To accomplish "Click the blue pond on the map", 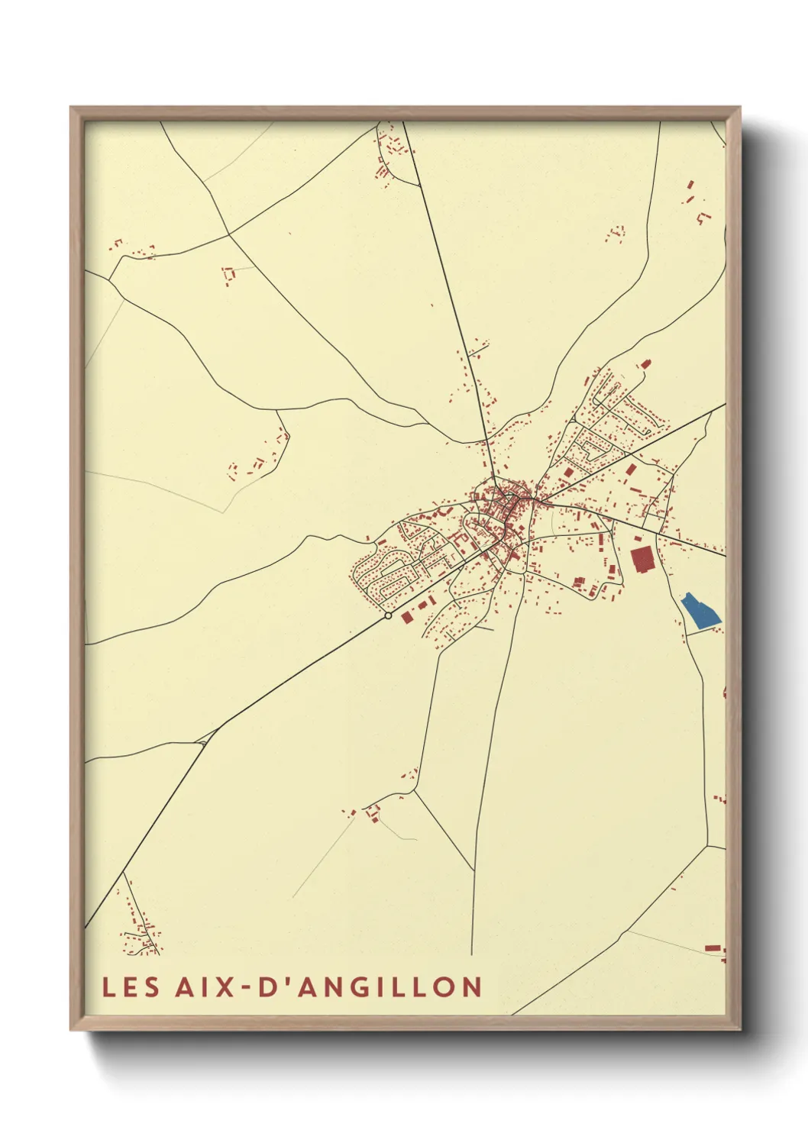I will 700,612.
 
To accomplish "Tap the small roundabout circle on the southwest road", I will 388,615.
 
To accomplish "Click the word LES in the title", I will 131,986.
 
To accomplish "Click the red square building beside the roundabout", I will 407,615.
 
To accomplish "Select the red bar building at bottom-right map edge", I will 712,948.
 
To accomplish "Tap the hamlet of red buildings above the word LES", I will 141,933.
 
